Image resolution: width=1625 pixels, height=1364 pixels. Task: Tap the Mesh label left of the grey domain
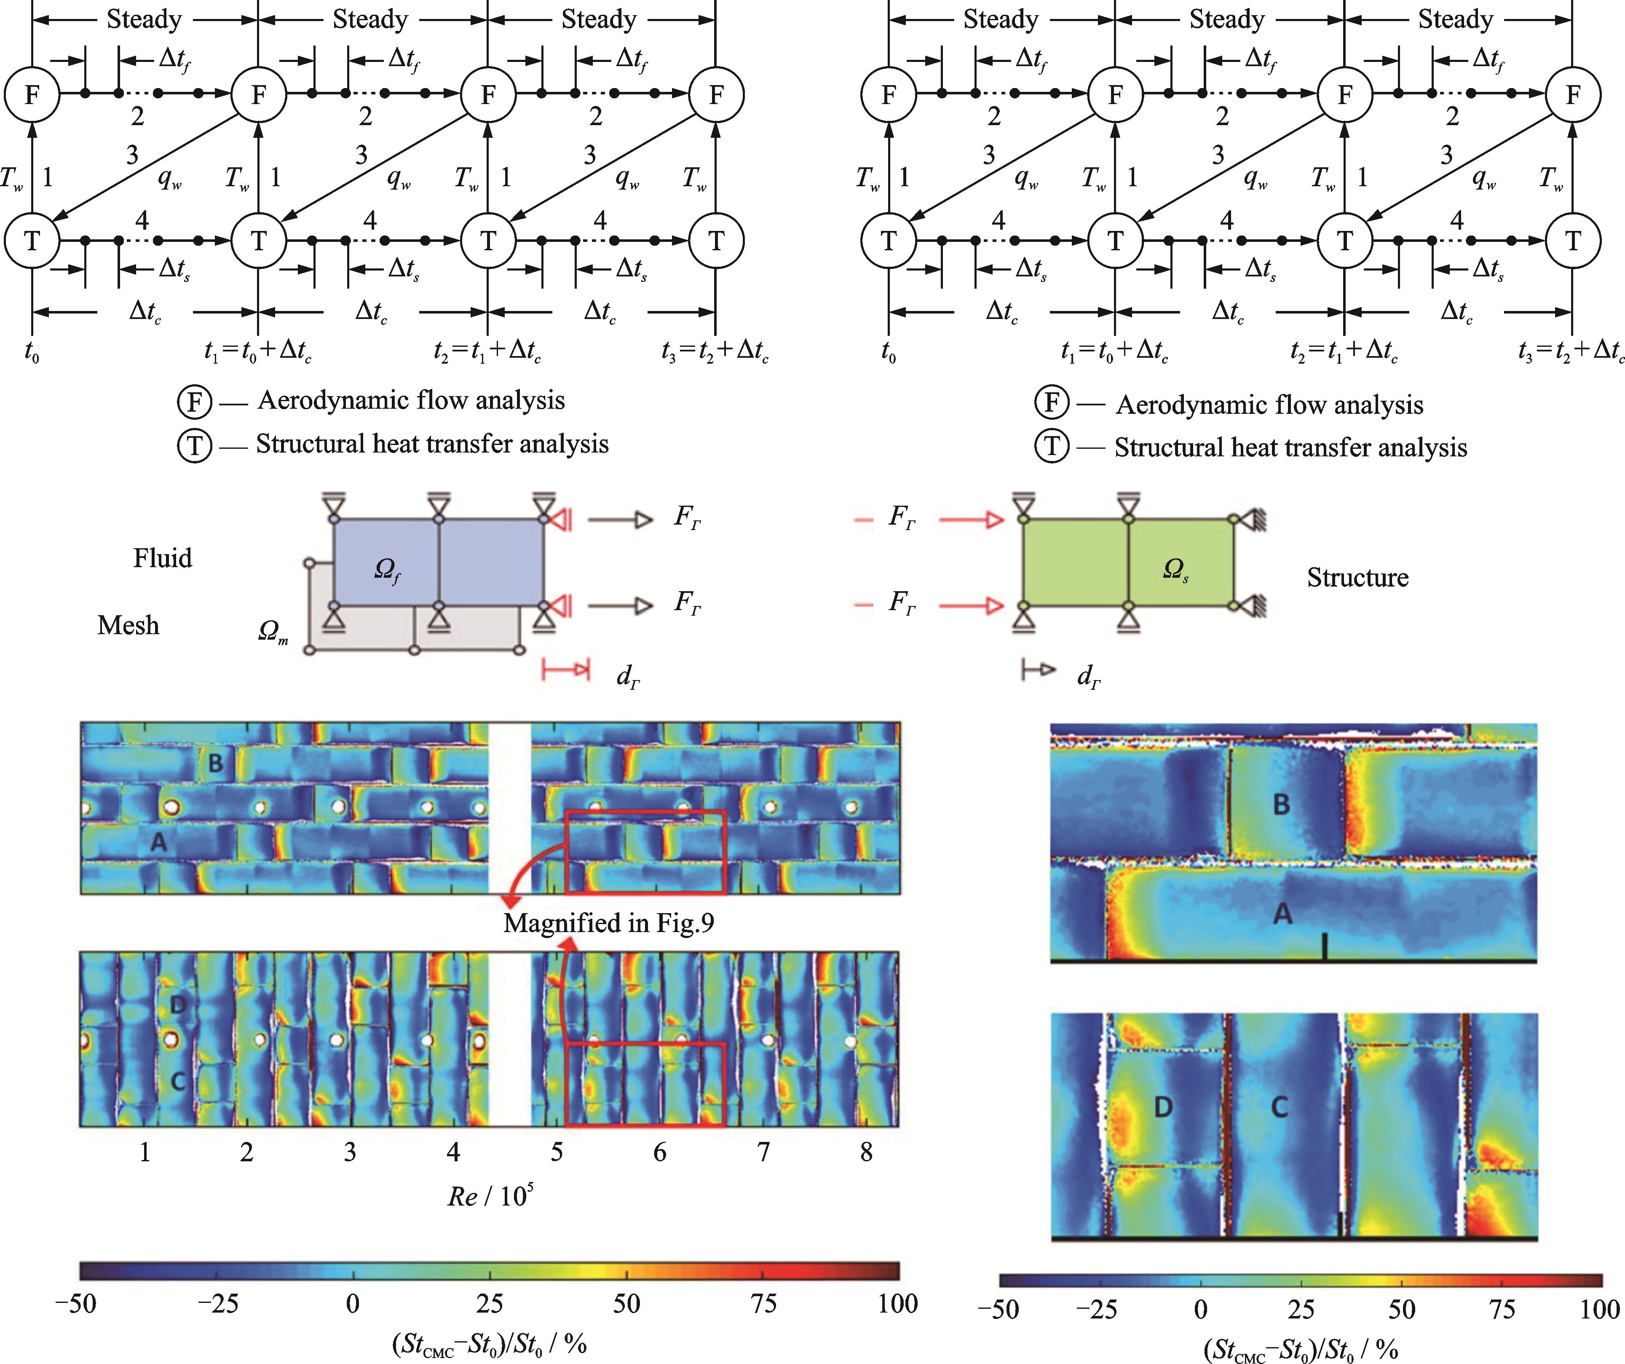pos(129,625)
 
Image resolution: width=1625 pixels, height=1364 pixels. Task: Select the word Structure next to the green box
pos(1357,577)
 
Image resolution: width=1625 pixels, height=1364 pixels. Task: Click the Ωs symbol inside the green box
pos(1175,570)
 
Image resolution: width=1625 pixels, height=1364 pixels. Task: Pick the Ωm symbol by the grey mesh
pos(273,632)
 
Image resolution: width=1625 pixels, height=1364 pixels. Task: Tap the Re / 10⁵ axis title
pos(490,1195)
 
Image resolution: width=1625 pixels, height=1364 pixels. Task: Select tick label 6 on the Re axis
pos(659,1152)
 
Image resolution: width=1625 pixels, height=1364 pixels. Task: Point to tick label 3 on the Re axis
pos(350,1152)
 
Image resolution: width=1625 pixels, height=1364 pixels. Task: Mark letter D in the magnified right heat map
pos(1163,1107)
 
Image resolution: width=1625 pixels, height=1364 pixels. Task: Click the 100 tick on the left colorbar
pos(898,1304)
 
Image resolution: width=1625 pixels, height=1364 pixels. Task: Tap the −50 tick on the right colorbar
pos(998,1309)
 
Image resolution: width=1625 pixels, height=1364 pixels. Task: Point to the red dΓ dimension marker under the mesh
pos(566,669)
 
